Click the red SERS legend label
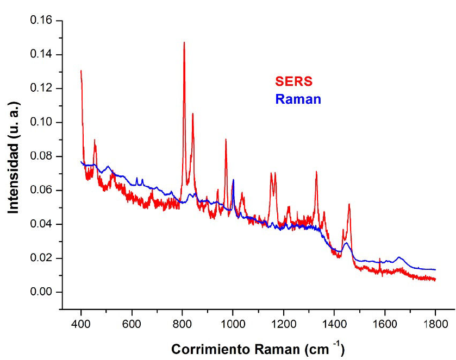tap(294, 81)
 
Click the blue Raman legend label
tap(298, 99)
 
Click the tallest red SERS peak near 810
tap(184, 42)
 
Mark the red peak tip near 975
tap(226, 140)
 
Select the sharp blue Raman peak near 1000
tap(233, 180)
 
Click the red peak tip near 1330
tap(316, 172)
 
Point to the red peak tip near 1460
tap(349, 204)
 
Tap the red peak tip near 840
tap(192, 113)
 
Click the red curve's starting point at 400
tap(81, 71)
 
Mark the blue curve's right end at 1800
tap(435, 269)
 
